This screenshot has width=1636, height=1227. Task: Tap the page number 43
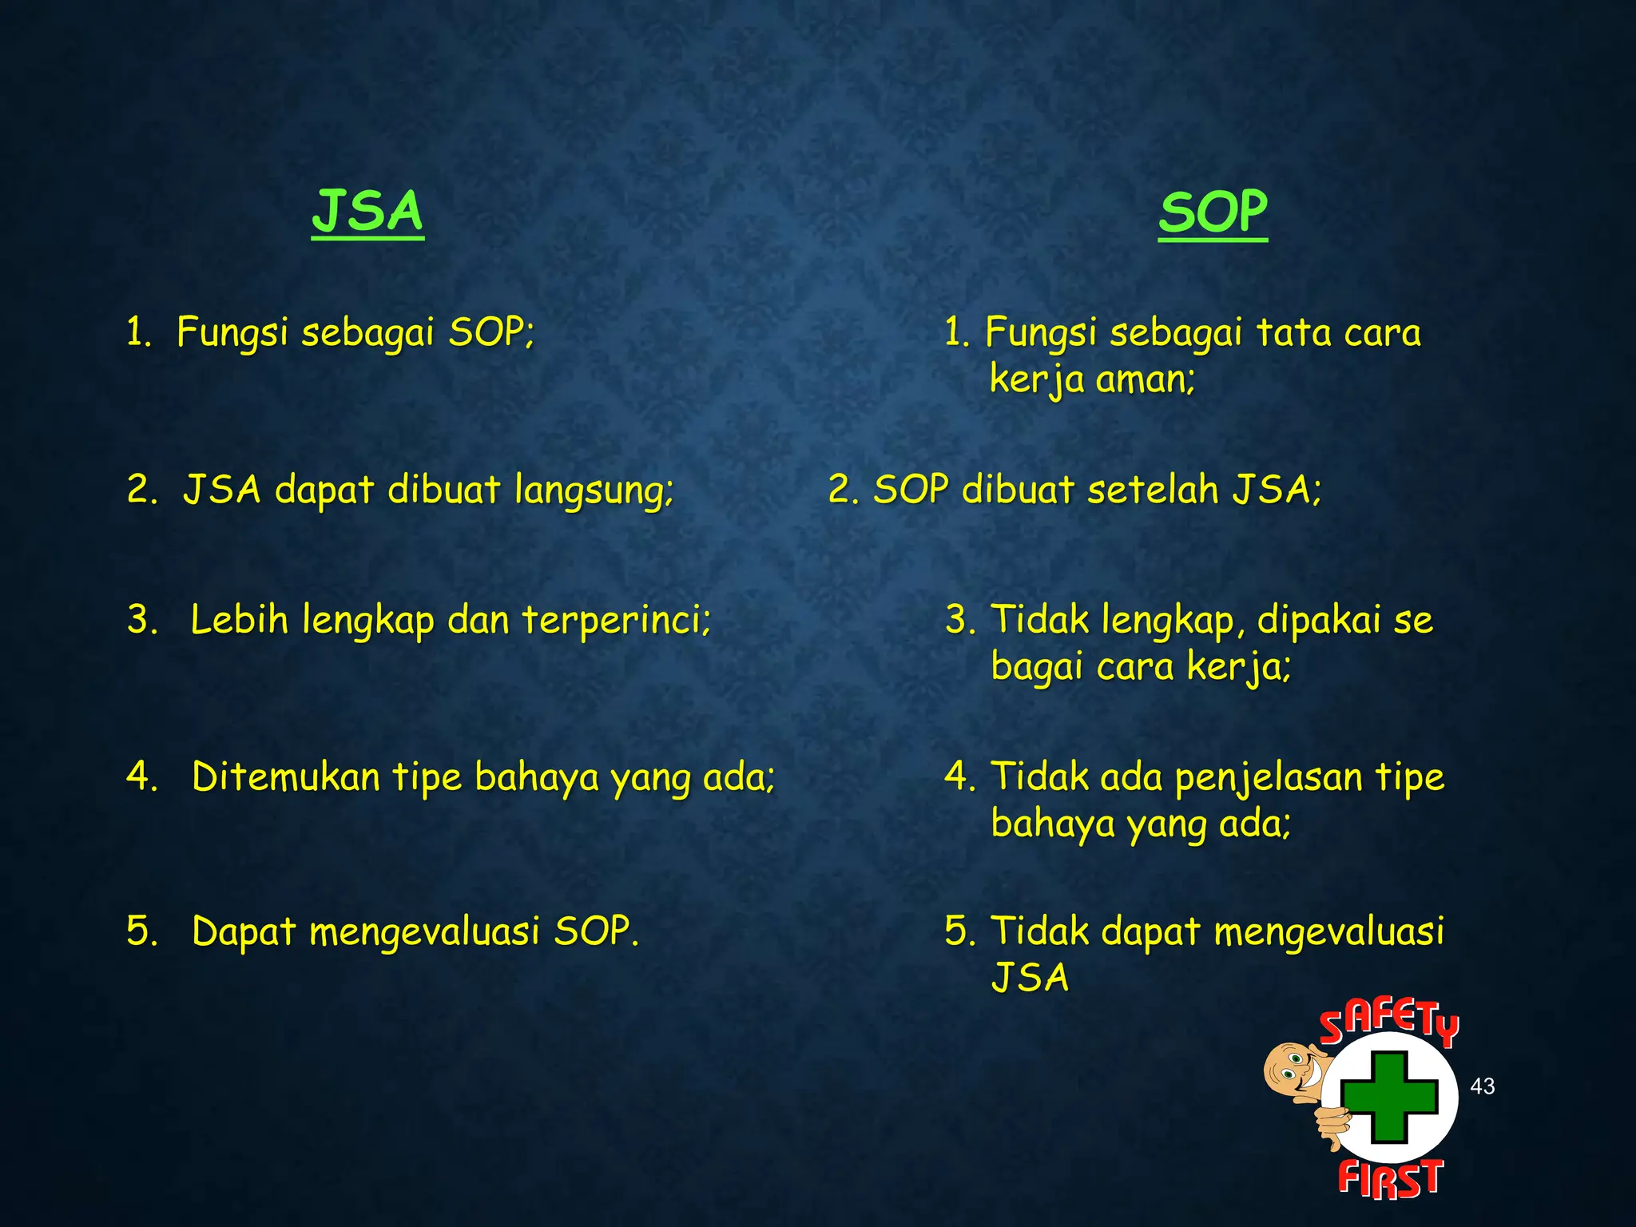coord(1482,1086)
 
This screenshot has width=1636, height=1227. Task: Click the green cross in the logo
coord(1389,1097)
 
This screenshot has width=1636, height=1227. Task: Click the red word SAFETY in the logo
coord(1388,1022)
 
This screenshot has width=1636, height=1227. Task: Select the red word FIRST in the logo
coord(1391,1179)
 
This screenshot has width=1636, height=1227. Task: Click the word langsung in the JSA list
coord(594,490)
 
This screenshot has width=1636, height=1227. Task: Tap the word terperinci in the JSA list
coord(616,621)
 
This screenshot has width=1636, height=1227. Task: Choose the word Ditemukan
coord(286,776)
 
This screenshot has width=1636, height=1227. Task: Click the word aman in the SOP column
coord(1145,379)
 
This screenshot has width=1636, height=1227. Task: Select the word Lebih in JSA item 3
coord(239,620)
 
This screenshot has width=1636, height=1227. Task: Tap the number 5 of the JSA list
coord(141,931)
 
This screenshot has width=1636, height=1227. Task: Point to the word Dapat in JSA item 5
coord(244,932)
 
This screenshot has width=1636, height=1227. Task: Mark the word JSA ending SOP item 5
coord(1030,978)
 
